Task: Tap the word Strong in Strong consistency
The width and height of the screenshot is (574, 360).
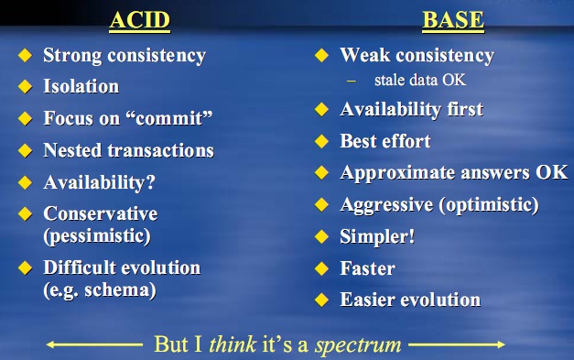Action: coord(72,55)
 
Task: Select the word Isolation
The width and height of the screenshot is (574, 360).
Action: coord(81,87)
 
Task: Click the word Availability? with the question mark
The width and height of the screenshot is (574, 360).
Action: coord(99,181)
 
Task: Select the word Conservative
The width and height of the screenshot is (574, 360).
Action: coord(101,213)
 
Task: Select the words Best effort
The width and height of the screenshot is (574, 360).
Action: coord(385,141)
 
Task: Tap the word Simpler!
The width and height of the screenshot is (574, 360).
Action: coord(377,236)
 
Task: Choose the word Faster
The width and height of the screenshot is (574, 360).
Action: coord(368,268)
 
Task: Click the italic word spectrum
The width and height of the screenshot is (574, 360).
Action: coord(358,345)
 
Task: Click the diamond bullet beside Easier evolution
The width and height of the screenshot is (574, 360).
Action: coord(321,300)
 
